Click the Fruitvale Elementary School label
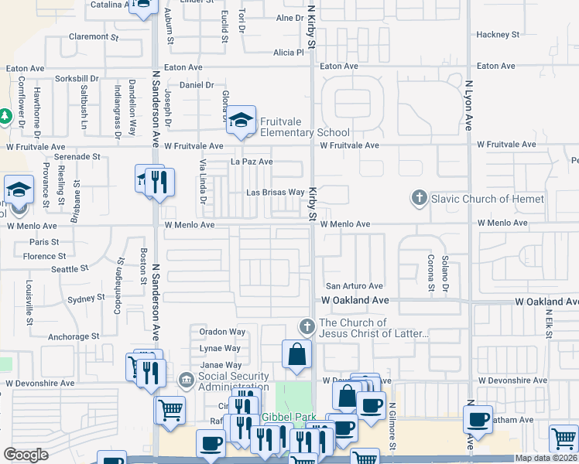point(304,127)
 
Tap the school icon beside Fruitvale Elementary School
point(242,121)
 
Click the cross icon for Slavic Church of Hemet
point(419,199)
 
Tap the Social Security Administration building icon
point(186,380)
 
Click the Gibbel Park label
point(285,418)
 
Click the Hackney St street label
point(497,35)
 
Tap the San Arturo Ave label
point(354,286)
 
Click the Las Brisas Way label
point(275,192)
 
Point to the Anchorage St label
point(73,337)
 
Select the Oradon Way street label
point(222,332)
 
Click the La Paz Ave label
point(252,162)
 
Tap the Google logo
point(26,455)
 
